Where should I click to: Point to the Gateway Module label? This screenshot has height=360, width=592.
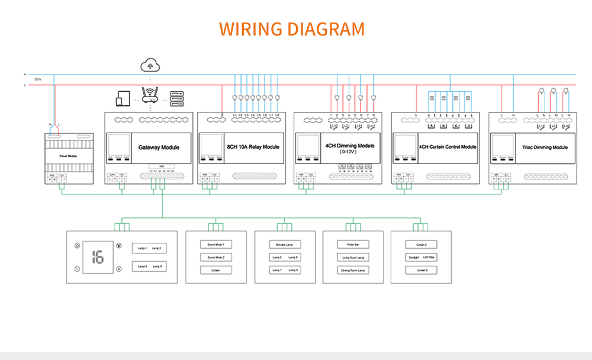(x=159, y=147)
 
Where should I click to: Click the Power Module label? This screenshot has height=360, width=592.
(x=69, y=156)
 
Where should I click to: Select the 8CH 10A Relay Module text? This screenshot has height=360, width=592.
(x=253, y=147)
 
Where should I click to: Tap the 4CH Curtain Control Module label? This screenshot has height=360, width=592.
(x=448, y=147)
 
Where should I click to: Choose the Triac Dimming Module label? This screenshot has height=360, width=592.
(x=545, y=147)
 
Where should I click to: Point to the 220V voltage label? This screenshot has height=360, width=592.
(x=38, y=79)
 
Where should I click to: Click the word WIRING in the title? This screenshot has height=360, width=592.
(x=249, y=29)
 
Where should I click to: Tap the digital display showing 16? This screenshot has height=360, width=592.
(x=98, y=257)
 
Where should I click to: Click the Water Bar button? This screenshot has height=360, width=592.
(x=353, y=244)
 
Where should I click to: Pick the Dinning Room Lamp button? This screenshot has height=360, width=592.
(x=353, y=270)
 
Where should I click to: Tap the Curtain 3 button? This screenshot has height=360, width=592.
(x=422, y=270)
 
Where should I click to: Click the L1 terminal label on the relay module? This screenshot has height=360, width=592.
(x=235, y=114)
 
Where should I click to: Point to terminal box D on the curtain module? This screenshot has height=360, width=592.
(x=468, y=126)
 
